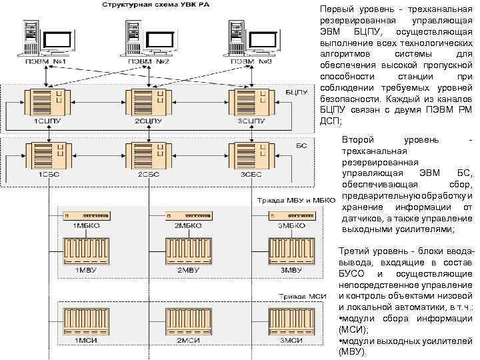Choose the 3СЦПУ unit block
point(251,104)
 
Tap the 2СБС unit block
point(148,157)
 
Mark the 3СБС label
point(251,175)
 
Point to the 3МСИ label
point(291,341)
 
